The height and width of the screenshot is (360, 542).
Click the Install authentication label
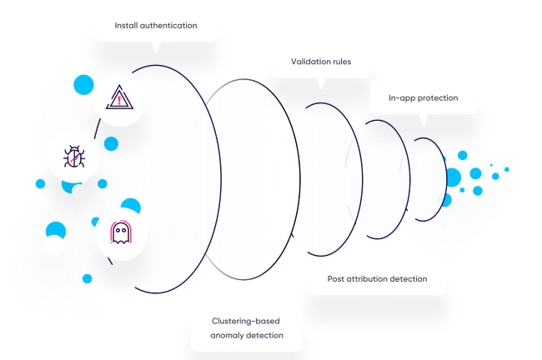[156, 25]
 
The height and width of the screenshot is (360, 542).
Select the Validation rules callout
[320, 62]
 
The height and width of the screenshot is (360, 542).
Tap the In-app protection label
[423, 97]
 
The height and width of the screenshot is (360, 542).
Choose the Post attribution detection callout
[377, 279]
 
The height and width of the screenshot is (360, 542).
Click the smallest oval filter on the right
[425, 178]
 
